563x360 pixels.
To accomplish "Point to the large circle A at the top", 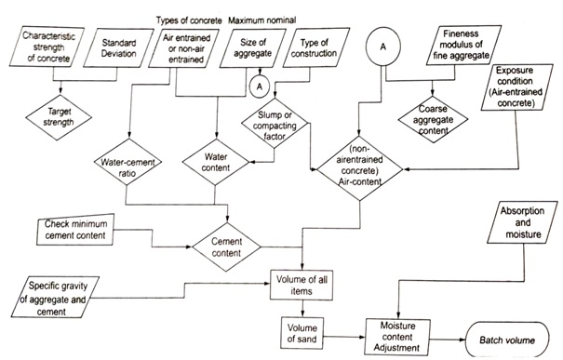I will [x=385, y=44].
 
